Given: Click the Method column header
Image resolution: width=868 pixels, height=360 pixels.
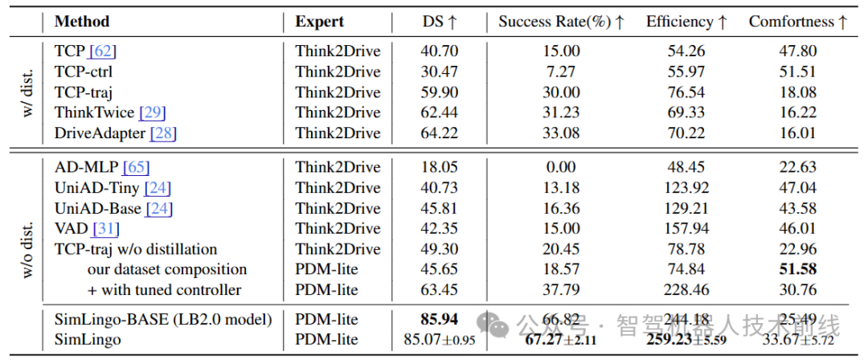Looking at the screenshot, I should coord(81,22).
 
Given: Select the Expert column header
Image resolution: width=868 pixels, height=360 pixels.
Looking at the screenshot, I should coord(319,22).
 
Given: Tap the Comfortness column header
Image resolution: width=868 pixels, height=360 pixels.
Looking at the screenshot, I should coord(797,22).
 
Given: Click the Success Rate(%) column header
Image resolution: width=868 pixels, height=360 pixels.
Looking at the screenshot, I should coord(561,22).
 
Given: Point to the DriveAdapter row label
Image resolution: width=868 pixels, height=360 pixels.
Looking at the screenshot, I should coord(100,133).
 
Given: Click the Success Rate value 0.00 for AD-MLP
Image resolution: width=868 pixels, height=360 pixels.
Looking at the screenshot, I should coord(560,167).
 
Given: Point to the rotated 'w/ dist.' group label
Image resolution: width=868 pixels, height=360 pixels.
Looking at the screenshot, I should coord(27,92).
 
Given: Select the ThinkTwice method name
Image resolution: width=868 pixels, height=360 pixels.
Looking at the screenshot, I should coord(93,112).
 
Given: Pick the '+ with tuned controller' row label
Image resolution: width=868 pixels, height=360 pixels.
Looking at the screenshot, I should coord(165,289).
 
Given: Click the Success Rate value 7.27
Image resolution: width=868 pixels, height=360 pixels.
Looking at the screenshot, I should coord(560,72).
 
